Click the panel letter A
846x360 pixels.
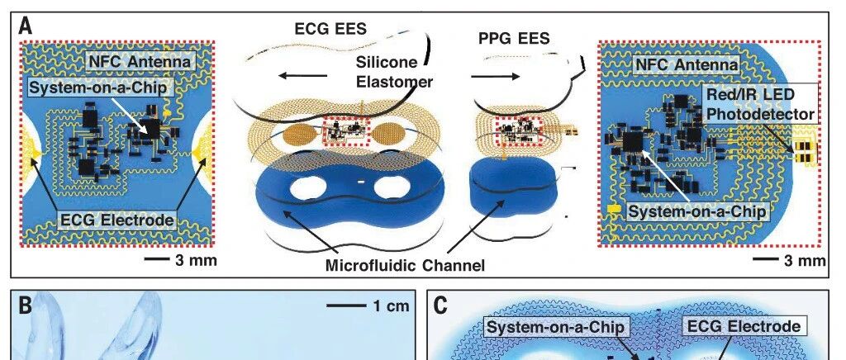[26, 26]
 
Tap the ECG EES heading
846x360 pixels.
[330, 29]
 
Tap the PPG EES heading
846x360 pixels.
[514, 38]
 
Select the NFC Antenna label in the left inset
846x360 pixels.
[140, 62]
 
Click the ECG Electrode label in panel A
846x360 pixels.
[117, 220]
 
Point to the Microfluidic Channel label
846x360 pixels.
[405, 265]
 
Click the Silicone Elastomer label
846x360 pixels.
[394, 72]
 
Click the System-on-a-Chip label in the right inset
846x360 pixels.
[696, 211]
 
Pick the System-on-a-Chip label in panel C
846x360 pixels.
[555, 327]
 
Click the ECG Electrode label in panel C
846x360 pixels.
[742, 326]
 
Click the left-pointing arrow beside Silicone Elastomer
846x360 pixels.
[302, 76]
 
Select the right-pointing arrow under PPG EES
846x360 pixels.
[496, 77]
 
